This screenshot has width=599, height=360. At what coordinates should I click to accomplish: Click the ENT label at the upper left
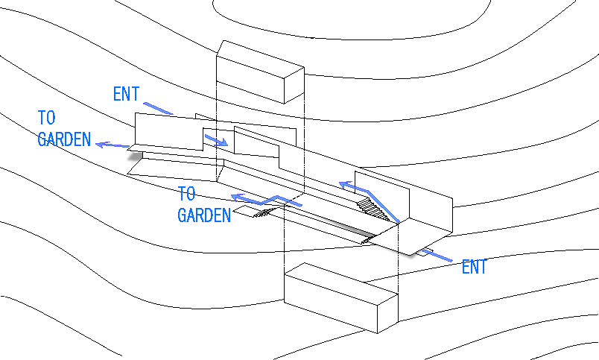(x=127, y=94)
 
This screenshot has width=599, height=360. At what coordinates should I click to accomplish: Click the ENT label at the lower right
(x=474, y=267)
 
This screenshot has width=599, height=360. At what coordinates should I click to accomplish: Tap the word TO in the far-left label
(x=47, y=118)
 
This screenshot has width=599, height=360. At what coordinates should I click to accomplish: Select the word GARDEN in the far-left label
(x=64, y=139)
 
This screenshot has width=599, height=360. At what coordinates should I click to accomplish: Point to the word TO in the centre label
(x=187, y=194)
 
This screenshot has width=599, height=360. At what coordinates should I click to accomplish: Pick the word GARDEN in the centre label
(x=204, y=215)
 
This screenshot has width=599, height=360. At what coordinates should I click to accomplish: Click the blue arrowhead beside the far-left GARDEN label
(x=102, y=145)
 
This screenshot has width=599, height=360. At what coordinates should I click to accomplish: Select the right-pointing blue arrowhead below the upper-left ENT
(x=222, y=142)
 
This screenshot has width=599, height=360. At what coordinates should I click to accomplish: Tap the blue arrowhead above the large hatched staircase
(x=346, y=186)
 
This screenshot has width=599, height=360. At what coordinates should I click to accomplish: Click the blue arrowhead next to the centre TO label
(x=238, y=198)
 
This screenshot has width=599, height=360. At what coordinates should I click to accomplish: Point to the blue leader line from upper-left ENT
(x=159, y=109)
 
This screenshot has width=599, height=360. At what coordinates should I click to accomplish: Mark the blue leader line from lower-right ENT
(x=437, y=256)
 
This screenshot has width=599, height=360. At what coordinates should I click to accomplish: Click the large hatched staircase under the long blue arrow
(x=373, y=209)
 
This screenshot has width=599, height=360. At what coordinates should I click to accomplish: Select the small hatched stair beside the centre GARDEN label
(x=264, y=213)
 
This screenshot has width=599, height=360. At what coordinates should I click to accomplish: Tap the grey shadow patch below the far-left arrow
(x=136, y=156)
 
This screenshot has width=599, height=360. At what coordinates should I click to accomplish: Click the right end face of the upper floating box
(x=294, y=85)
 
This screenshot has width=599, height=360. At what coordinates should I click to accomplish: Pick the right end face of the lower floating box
(x=387, y=313)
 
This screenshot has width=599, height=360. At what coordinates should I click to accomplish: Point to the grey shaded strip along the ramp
(x=343, y=227)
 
